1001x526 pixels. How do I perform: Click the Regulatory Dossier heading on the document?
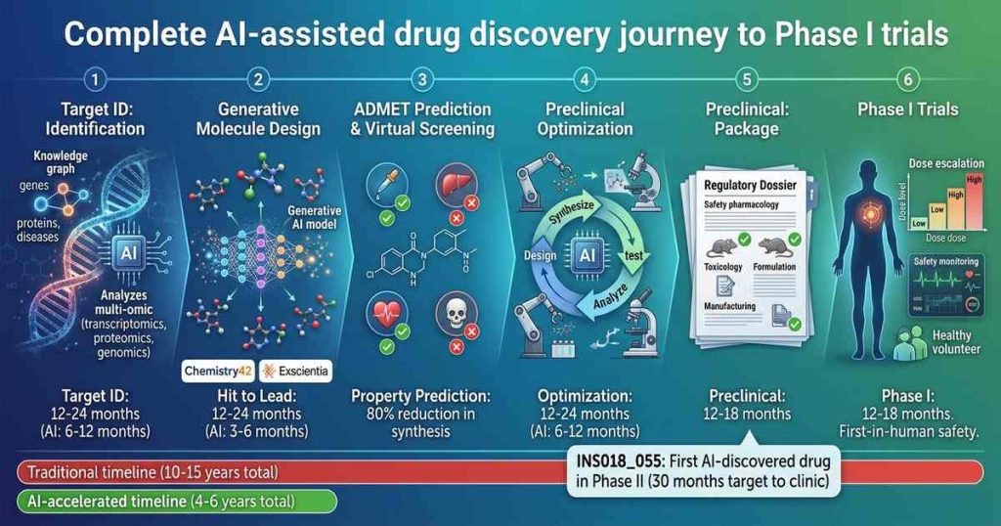point(750,184)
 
